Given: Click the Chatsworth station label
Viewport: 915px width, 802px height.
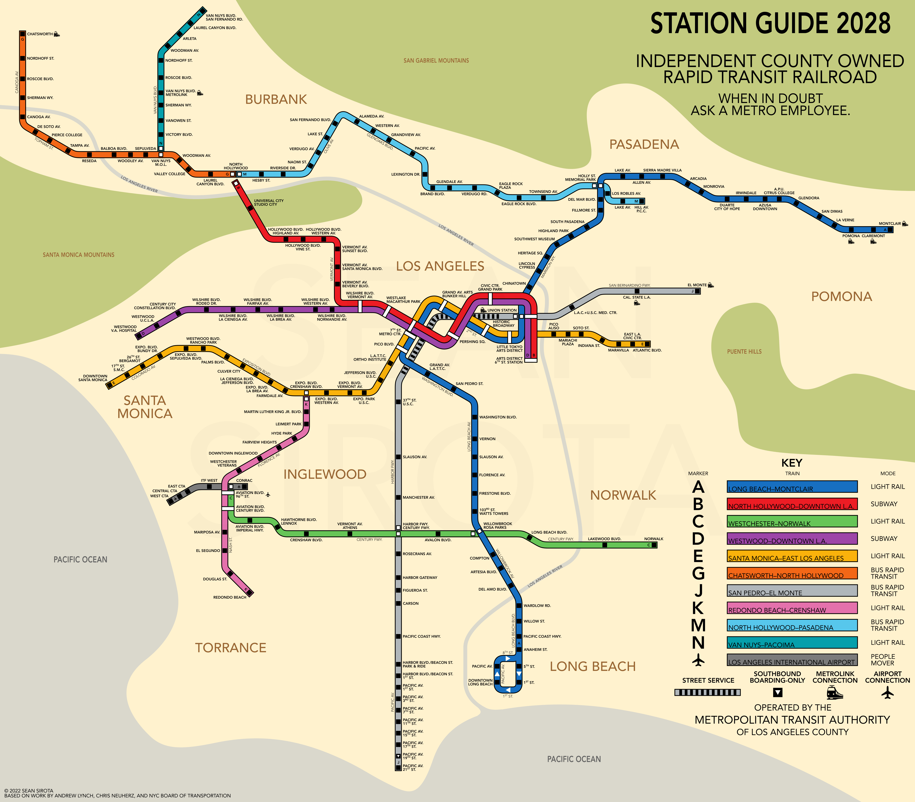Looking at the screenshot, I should pyautogui.click(x=40, y=34).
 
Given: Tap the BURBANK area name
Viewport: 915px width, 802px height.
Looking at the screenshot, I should pyautogui.click(x=276, y=99).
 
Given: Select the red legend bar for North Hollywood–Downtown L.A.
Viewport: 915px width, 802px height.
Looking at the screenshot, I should pyautogui.click(x=792, y=504).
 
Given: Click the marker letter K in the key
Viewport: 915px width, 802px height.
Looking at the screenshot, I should pyautogui.click(x=698, y=608).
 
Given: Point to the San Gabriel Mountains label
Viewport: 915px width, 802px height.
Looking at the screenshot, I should pyautogui.click(x=436, y=60).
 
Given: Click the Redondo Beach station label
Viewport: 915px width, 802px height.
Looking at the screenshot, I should pyautogui.click(x=230, y=597).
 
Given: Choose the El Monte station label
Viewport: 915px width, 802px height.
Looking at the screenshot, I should pyautogui.click(x=697, y=285).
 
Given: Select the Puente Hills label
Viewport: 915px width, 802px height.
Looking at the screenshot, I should pyautogui.click(x=744, y=351).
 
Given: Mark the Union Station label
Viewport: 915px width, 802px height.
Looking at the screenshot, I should pyautogui.click(x=502, y=310).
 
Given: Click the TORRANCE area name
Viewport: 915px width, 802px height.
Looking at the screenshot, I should pyautogui.click(x=230, y=648).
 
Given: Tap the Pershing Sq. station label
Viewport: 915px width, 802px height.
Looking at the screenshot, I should pyautogui.click(x=472, y=342).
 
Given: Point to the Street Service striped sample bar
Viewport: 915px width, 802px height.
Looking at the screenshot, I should pyautogui.click(x=707, y=692).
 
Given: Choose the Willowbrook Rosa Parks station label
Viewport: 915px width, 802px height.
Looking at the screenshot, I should pyautogui.click(x=497, y=526).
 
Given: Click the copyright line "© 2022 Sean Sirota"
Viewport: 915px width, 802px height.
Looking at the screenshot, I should pyautogui.click(x=29, y=790).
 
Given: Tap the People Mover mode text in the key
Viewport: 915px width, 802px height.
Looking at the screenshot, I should pyautogui.click(x=883, y=660).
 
